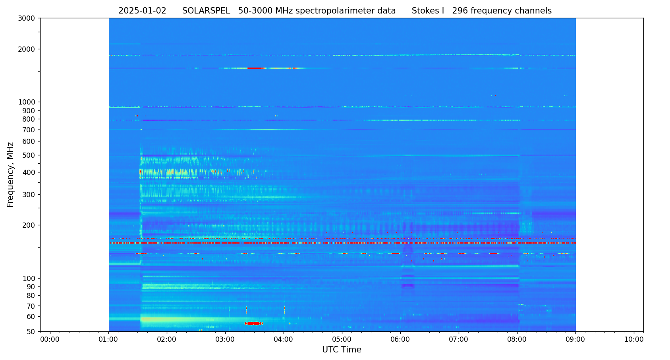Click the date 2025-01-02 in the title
[142, 11]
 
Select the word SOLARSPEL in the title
[206, 11]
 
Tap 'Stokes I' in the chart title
[428, 11]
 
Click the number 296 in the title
[460, 11]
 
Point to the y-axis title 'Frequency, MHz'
[11, 174]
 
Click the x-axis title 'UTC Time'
[342, 350]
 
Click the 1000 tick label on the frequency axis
[27, 102]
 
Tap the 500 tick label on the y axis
[29, 155]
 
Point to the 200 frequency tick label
[29, 225]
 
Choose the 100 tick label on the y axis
[29, 279]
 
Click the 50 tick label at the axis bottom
[31, 331]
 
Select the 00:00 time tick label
[50, 339]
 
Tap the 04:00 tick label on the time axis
[284, 339]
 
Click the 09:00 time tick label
[575, 339]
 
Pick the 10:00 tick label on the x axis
[634, 339]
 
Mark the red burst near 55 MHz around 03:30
[253, 323]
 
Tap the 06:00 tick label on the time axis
[400, 339]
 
